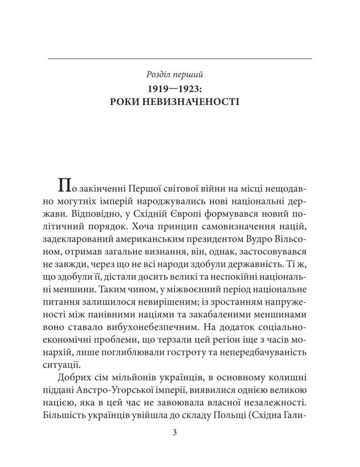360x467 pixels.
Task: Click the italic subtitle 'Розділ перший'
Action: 180,74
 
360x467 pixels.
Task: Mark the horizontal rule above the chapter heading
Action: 180,58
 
